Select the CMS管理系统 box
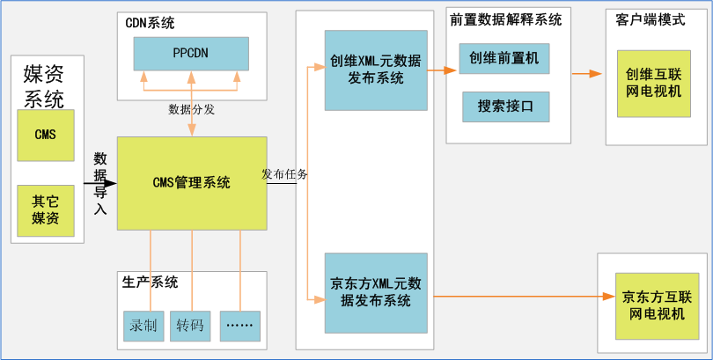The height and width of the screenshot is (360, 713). point(192,183)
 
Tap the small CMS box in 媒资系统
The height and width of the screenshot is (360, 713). point(45,135)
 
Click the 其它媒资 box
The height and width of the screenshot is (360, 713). point(45,209)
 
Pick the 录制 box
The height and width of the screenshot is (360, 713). point(143,326)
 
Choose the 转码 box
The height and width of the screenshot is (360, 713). point(190,326)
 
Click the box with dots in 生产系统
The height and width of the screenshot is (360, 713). point(239,326)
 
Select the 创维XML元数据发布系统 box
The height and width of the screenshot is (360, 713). point(376,70)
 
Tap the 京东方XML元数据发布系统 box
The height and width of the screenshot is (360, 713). point(376,292)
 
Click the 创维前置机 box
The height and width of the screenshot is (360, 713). point(504,59)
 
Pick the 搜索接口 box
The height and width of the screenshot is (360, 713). point(505,107)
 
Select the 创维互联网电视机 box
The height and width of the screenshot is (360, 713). point(653,84)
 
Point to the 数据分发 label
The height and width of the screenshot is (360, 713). point(192,109)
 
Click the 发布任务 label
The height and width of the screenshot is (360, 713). point(284,174)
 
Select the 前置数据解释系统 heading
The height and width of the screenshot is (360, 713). point(504,19)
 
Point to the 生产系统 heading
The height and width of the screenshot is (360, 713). point(151,283)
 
